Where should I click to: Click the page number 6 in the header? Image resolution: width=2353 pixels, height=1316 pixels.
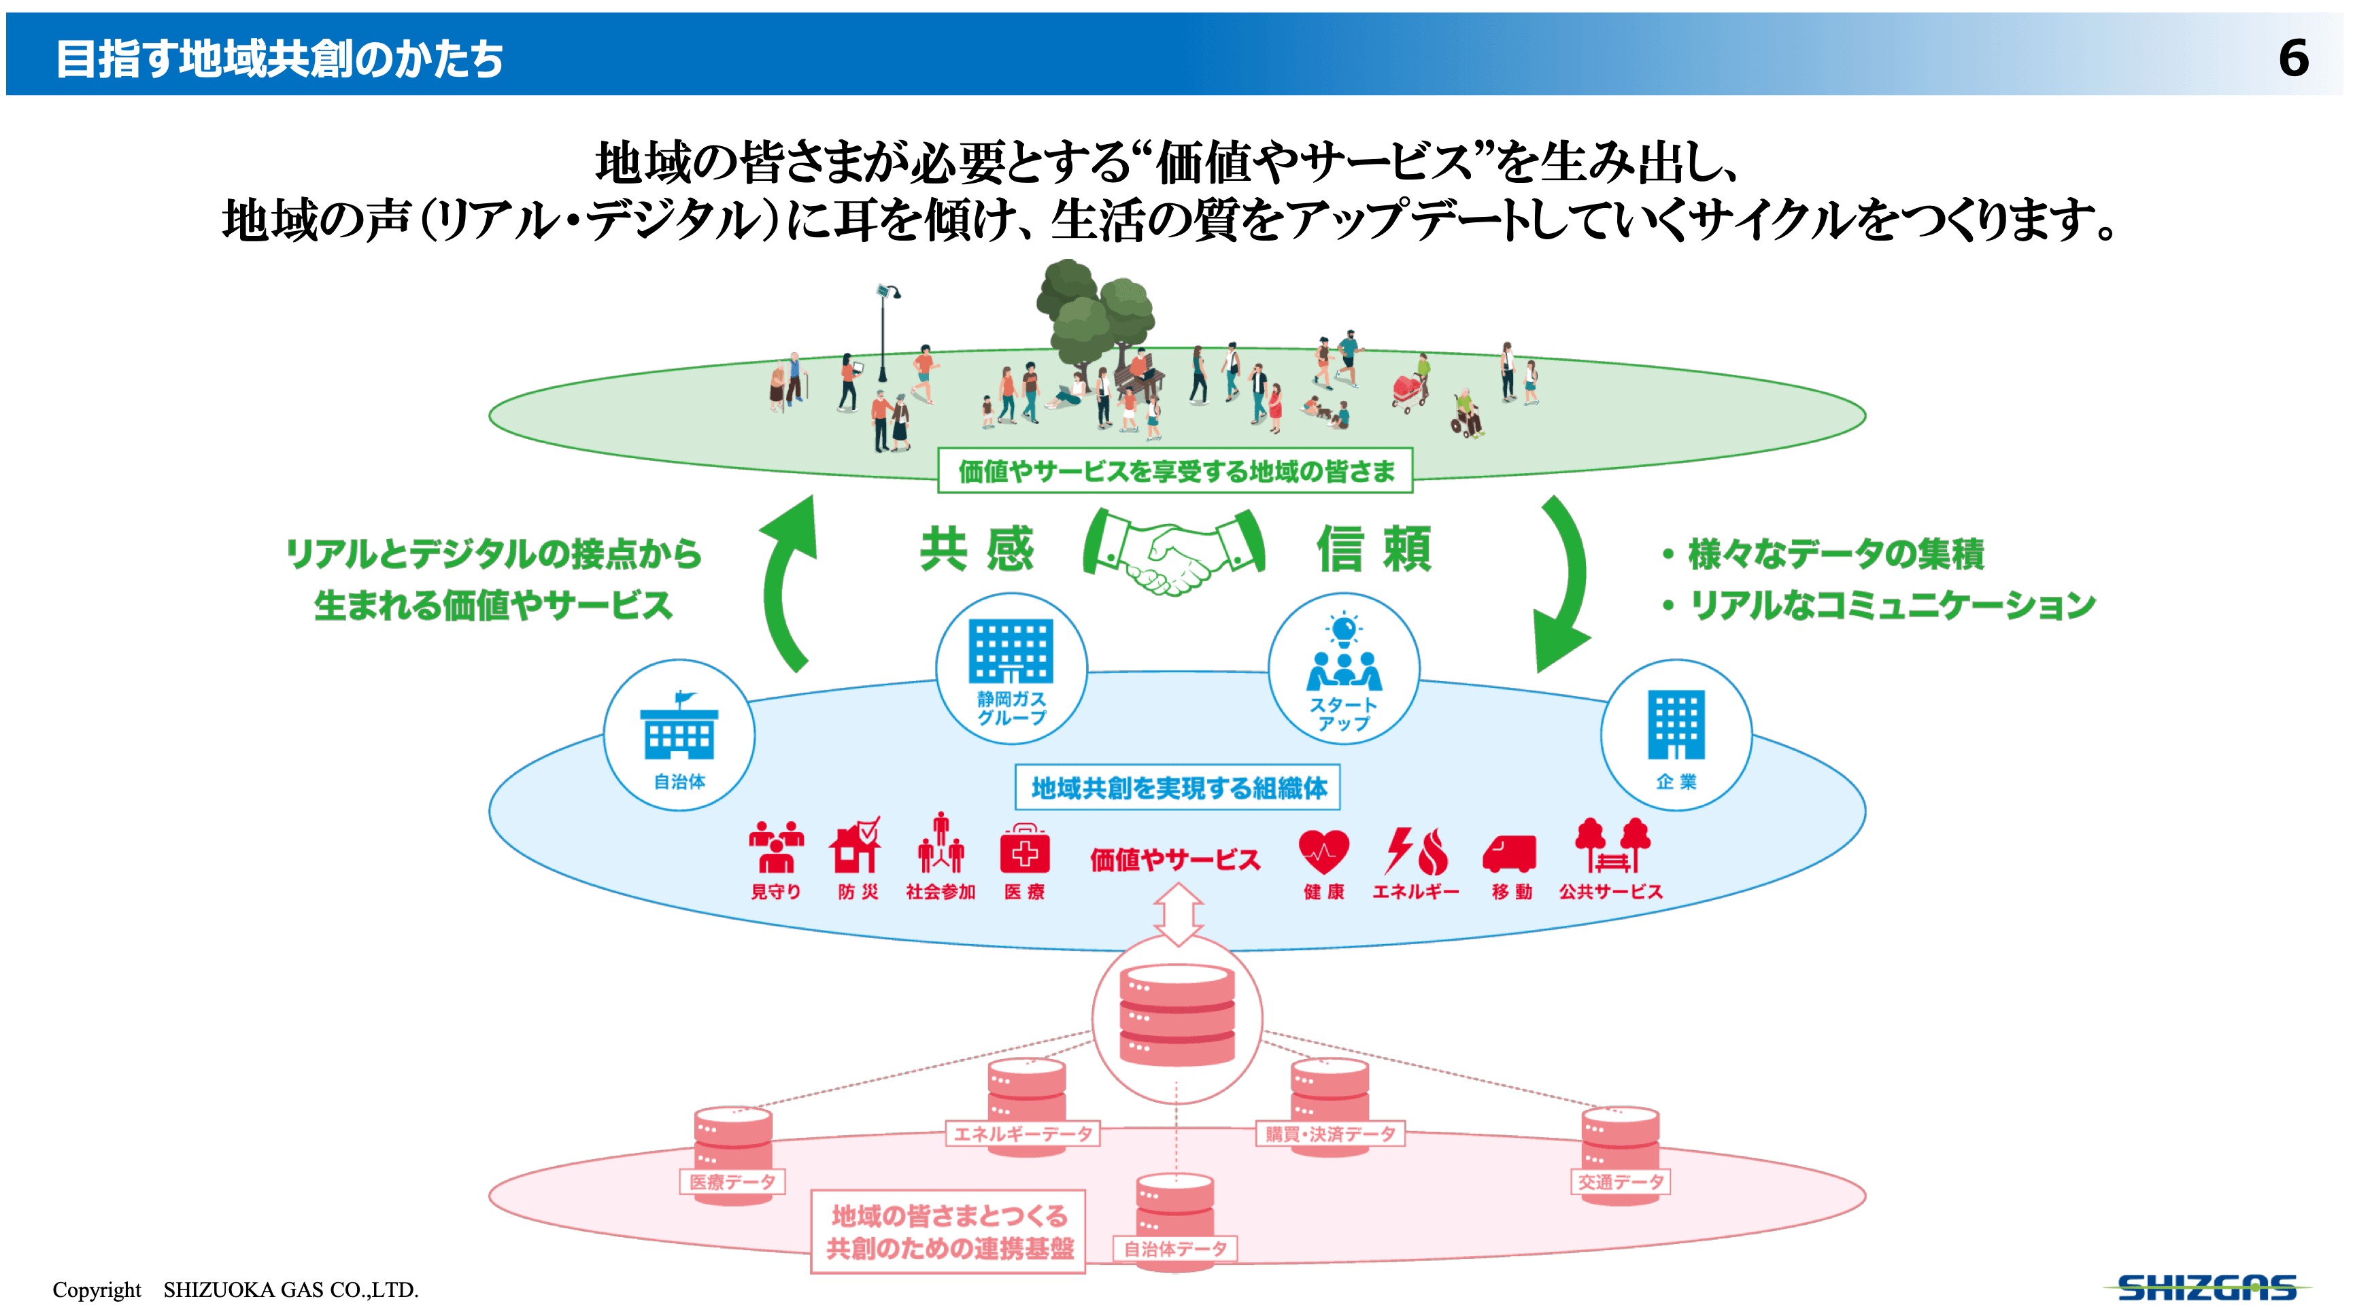click(x=2292, y=58)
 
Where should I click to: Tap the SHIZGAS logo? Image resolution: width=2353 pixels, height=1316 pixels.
click(x=2206, y=1287)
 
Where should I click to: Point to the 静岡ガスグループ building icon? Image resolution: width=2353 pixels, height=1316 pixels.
click(x=1011, y=651)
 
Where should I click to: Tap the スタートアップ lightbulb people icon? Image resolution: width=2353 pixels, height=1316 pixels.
click(x=1344, y=655)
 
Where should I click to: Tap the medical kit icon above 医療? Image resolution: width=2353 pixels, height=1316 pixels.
click(x=1024, y=849)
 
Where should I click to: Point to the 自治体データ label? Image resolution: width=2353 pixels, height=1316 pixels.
click(x=1174, y=1249)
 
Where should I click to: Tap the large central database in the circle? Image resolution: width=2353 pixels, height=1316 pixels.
click(x=1176, y=1016)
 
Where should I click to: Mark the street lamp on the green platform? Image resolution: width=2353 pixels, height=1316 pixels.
click(x=883, y=333)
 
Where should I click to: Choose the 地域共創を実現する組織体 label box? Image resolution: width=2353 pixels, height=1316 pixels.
click(x=1177, y=787)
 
